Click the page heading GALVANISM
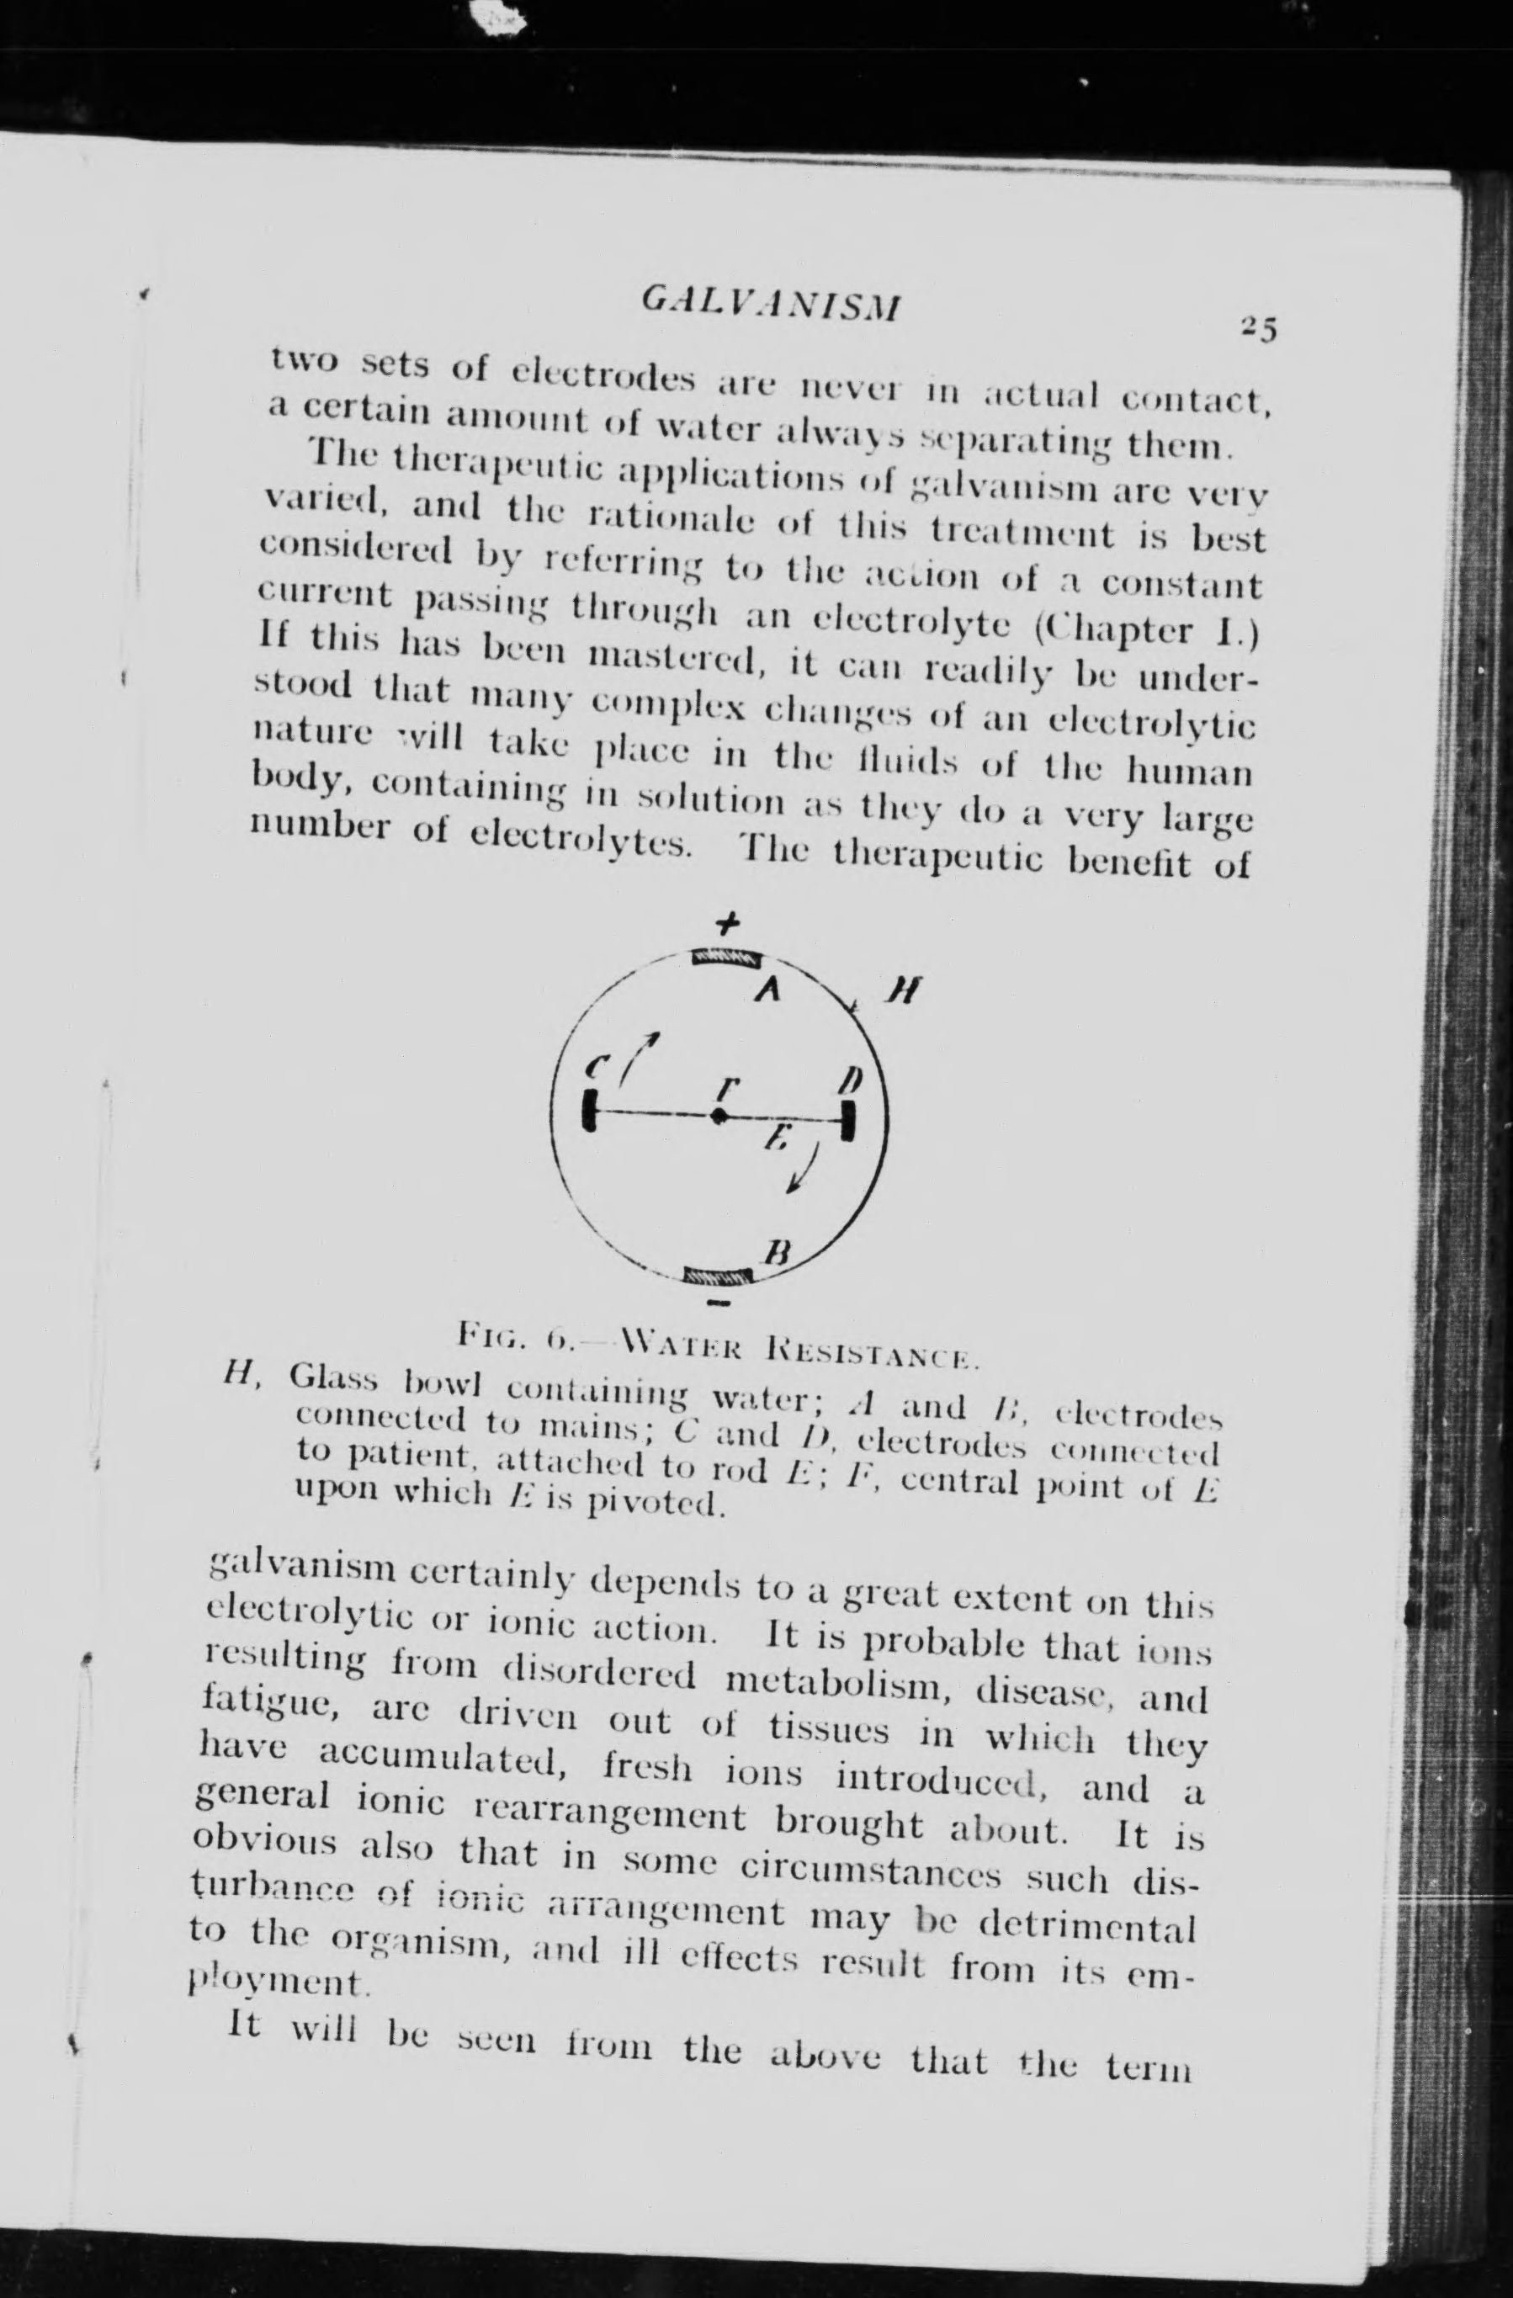[771, 305]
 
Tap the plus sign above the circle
[727, 923]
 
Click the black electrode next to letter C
[588, 1111]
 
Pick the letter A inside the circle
[767, 990]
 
